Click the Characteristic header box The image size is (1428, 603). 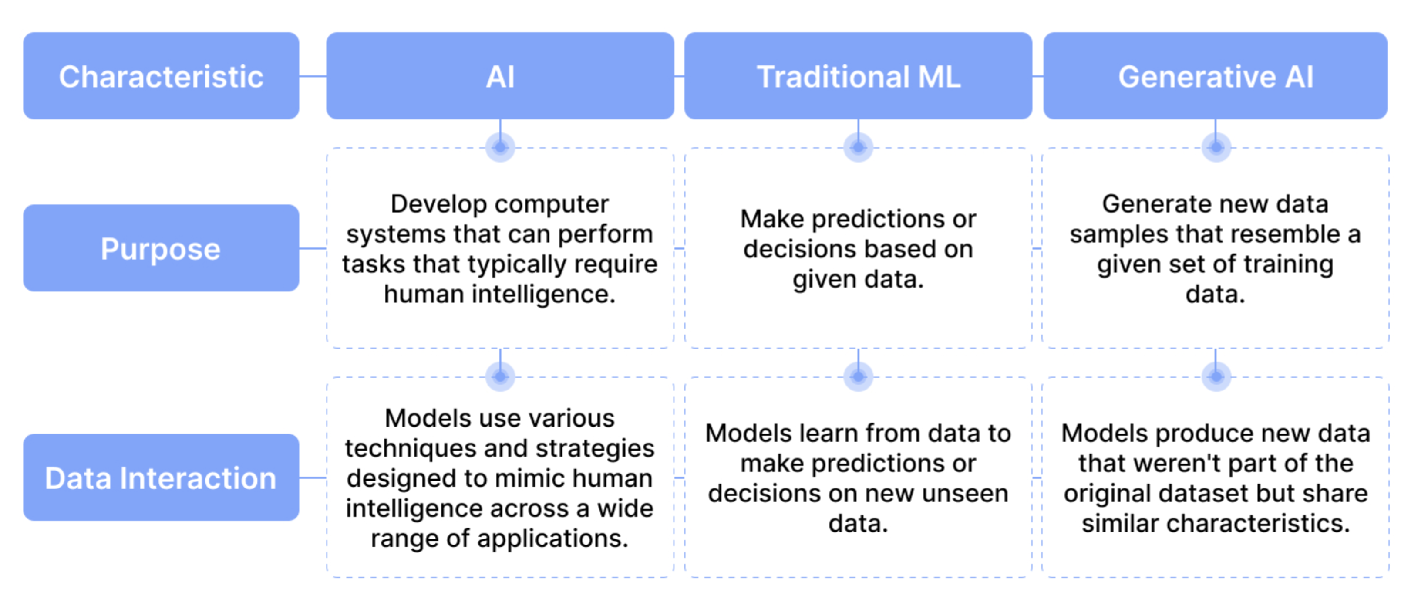coord(161,76)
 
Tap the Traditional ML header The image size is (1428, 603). coord(858,76)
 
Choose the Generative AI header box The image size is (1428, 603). coord(1215,76)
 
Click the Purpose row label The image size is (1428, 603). coord(161,248)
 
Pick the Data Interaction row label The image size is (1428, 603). coord(161,478)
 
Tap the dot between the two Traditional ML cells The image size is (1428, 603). coord(858,377)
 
